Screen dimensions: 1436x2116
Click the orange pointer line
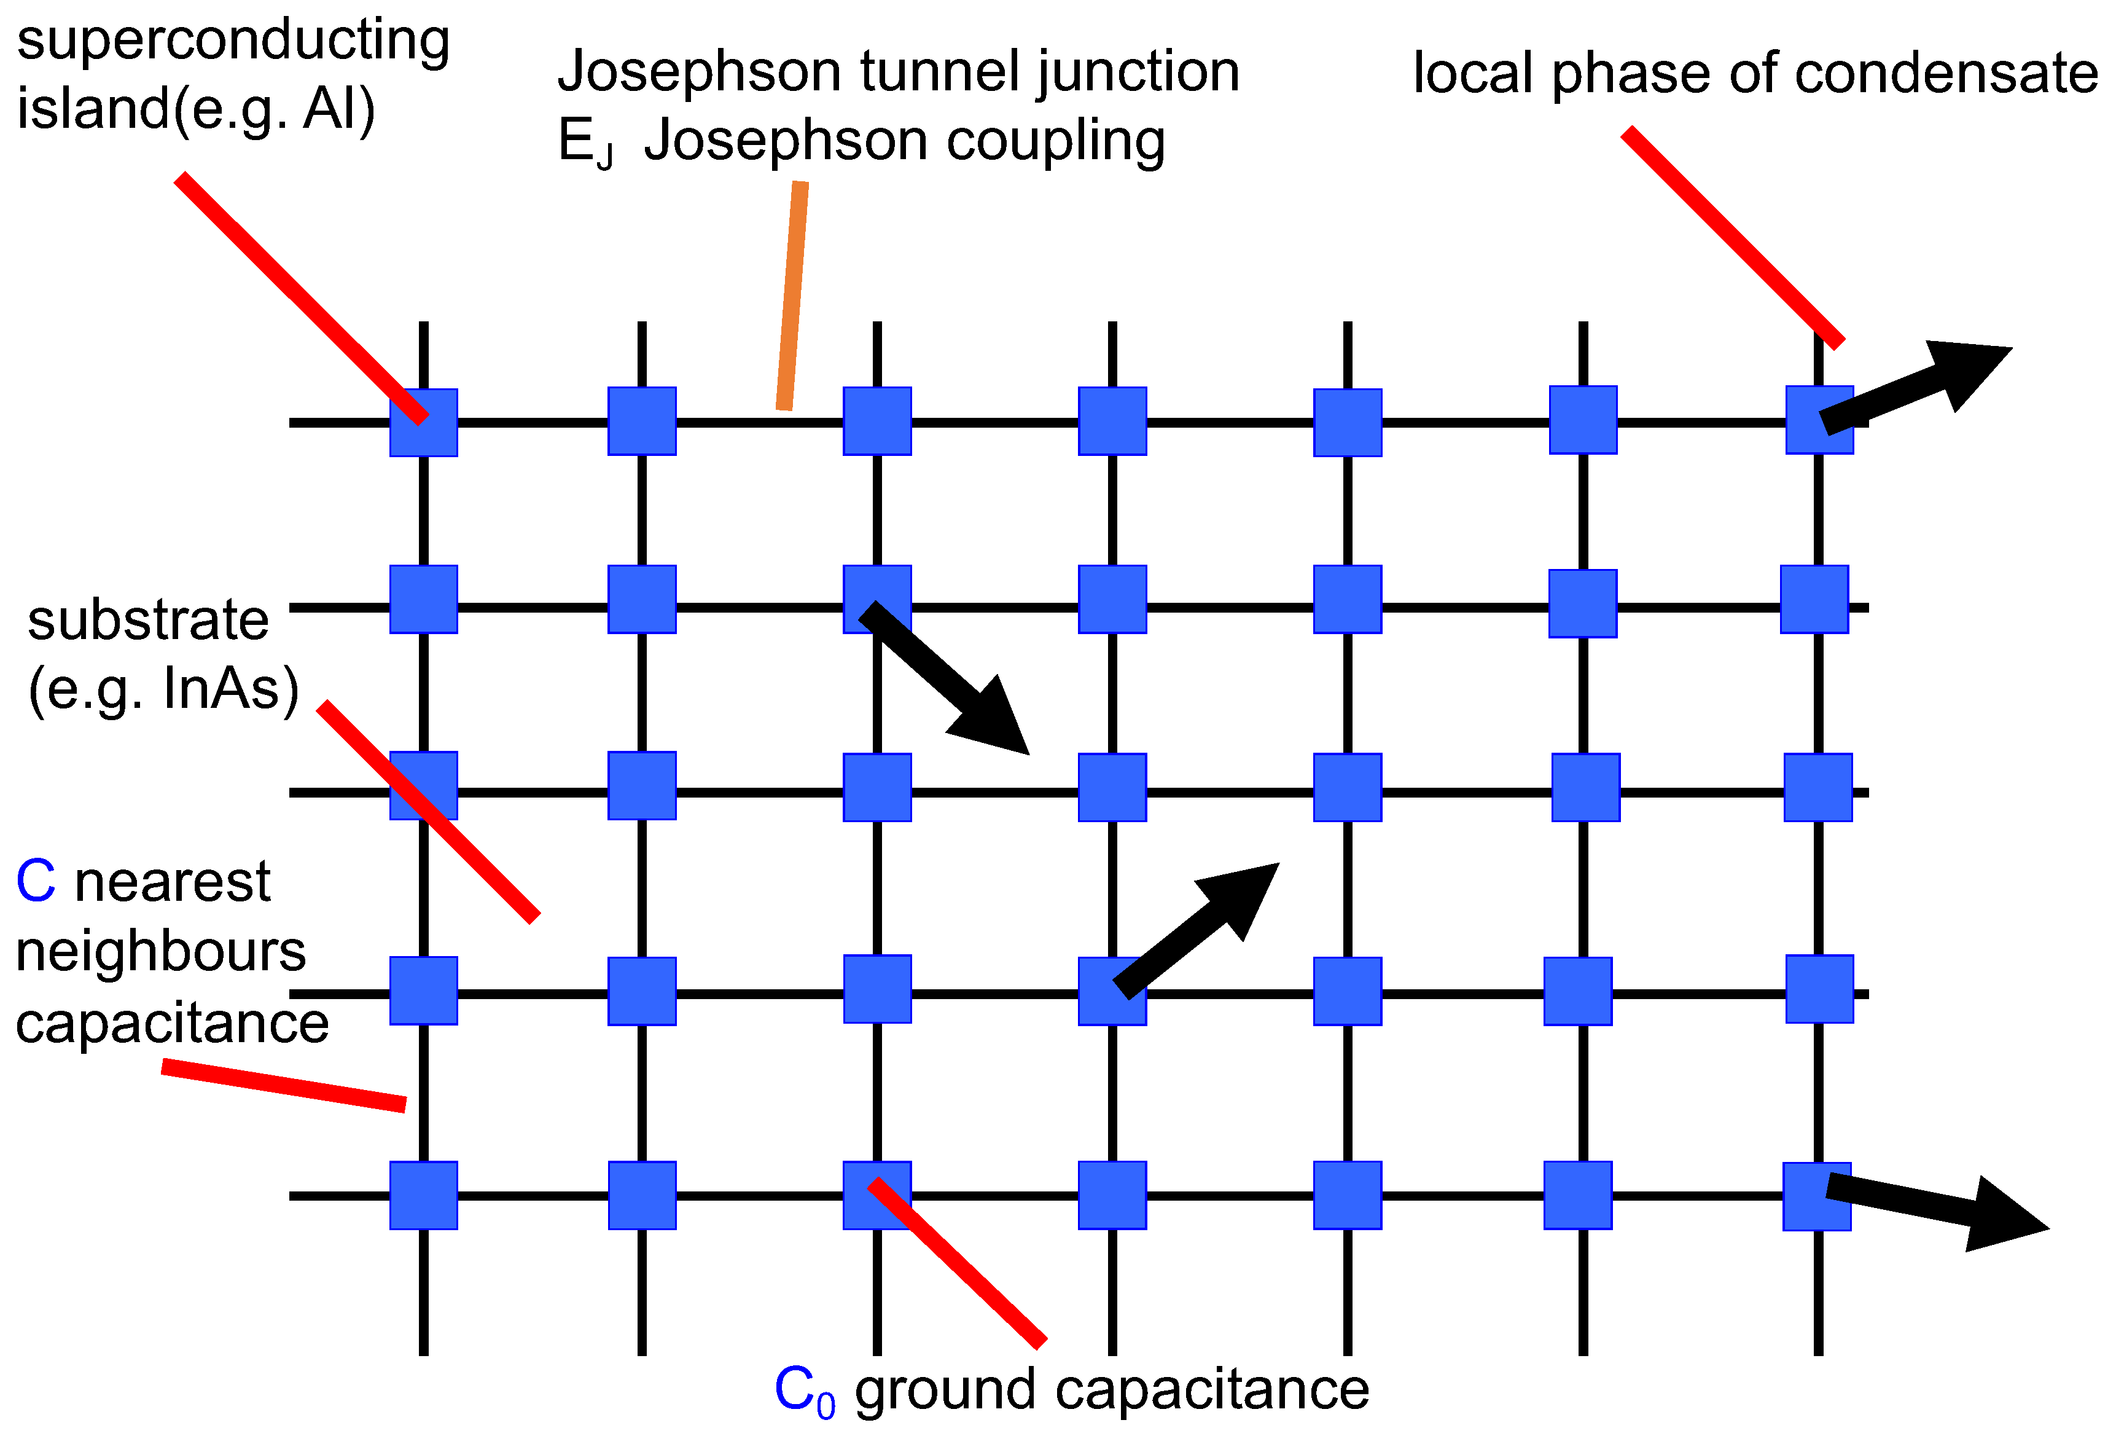[791, 296]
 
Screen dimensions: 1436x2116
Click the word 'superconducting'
[233, 41]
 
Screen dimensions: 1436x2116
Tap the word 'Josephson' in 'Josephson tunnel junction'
[699, 73]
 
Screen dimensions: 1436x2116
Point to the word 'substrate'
[149, 621]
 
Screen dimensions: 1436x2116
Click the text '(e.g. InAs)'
[164, 689]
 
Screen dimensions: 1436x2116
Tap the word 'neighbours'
[160, 952]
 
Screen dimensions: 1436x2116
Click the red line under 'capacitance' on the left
[284, 1085]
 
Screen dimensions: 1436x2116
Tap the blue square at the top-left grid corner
[423, 423]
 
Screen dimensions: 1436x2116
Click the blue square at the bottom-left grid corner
[423, 1196]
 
